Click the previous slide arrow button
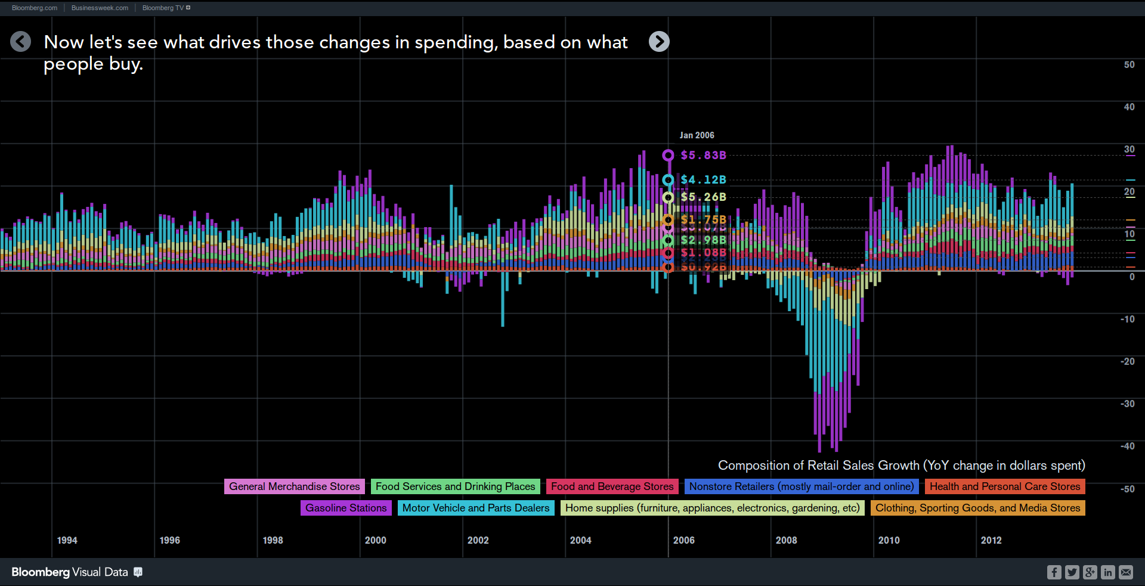click(x=21, y=42)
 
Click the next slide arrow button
click(x=659, y=42)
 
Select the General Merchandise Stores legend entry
click(x=295, y=486)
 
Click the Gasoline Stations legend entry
click(x=346, y=508)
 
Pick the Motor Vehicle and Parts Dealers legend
click(x=476, y=508)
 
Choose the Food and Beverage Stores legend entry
click(x=612, y=486)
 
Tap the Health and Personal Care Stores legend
click(x=1005, y=486)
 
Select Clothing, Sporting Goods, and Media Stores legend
click(x=977, y=508)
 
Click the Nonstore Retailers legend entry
click(x=801, y=486)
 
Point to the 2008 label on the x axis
click(x=786, y=540)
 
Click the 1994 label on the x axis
click(x=67, y=540)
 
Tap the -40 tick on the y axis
click(x=1127, y=446)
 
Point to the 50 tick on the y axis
click(x=1129, y=64)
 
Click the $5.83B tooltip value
click(x=703, y=155)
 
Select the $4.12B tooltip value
click(x=703, y=179)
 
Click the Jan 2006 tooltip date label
click(x=697, y=135)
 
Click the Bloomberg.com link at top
click(x=35, y=8)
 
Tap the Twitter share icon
click(x=1072, y=572)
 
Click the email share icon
click(x=1126, y=572)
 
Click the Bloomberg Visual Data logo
click(x=70, y=572)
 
